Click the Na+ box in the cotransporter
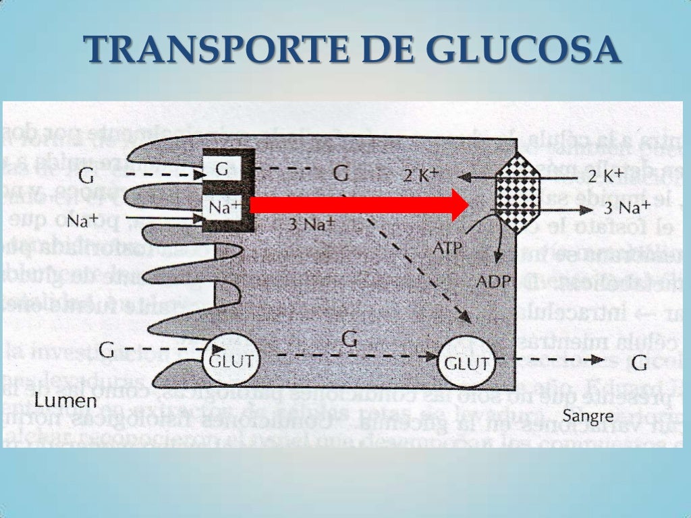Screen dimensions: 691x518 (x=224, y=208)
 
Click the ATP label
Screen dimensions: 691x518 (x=447, y=248)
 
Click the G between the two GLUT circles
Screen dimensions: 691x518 (x=350, y=339)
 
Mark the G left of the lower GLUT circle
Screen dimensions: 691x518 (x=107, y=350)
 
